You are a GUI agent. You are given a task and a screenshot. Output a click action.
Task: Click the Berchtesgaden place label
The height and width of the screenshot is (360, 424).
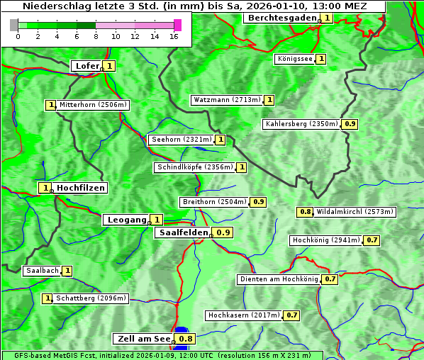281,18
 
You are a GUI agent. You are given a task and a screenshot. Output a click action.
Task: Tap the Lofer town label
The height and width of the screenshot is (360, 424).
86,66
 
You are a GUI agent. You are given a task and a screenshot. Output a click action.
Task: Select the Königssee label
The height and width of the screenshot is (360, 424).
294,59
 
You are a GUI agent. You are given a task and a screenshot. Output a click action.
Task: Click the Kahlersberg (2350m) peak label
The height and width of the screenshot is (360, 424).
301,124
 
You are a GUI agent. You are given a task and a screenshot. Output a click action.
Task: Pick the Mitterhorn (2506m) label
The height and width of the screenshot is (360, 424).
93,105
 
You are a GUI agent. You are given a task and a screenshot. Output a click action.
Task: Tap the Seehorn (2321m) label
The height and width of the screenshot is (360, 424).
181,140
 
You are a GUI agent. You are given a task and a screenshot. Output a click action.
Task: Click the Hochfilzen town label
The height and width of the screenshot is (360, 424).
81,188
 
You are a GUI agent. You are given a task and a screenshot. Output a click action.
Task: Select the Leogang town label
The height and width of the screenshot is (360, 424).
126,220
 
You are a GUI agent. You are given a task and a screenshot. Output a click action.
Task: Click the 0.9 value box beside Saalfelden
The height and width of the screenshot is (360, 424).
224,232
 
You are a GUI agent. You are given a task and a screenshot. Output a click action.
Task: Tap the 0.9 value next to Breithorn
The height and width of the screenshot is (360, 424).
259,202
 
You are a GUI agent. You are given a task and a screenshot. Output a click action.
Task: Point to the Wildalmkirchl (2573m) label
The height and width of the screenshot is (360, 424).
355,211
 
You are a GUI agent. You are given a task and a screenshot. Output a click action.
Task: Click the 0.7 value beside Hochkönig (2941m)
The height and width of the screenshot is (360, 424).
372,240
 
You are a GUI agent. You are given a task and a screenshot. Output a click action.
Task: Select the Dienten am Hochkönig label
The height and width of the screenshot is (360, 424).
278,279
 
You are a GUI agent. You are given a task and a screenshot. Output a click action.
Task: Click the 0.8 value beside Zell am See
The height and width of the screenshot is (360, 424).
186,339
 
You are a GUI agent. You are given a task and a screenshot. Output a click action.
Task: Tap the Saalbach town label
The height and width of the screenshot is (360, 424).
42,271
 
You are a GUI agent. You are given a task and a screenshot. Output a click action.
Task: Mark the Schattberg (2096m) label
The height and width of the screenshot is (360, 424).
91,298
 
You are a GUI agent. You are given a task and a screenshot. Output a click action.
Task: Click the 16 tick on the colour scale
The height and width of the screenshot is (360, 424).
174,35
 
